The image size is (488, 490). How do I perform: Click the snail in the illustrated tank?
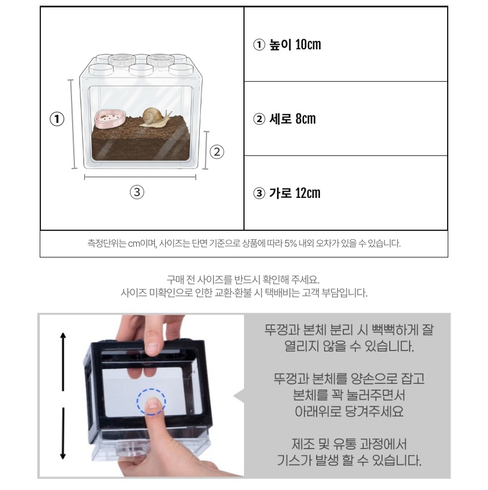tap(155, 117)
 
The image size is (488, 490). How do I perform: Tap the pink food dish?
tap(110, 119)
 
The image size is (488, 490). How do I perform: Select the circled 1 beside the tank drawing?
tap(57, 119)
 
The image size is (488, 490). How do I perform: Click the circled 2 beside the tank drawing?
tap(217, 152)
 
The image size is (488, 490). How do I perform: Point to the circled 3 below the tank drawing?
tap(137, 192)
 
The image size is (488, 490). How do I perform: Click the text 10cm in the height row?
tap(308, 45)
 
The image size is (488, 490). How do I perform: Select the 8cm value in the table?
tap(305, 119)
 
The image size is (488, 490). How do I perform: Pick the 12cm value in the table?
tap(308, 193)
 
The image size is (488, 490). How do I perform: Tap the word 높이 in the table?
tap(280, 45)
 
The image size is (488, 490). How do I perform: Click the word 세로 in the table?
tap(280, 119)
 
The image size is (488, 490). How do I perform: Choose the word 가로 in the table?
tap(280, 193)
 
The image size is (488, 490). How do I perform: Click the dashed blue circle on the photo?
tap(152, 402)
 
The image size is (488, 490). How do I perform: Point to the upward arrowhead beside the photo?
tap(63, 336)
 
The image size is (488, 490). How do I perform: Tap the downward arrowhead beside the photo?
tap(63, 455)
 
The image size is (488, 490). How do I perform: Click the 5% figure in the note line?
tap(291, 243)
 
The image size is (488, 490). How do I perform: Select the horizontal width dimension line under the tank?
tap(140, 177)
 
